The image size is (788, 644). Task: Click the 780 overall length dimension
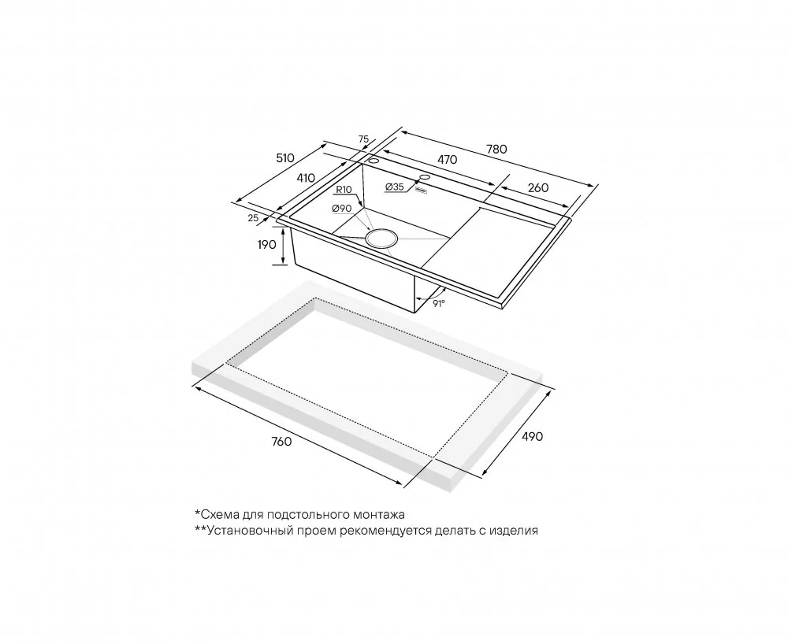pos(496,149)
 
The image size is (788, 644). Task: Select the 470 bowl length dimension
pos(447,160)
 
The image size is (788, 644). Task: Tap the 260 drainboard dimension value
pos(538,187)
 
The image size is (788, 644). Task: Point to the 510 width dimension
pos(285,158)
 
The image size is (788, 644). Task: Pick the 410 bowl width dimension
pos(306,178)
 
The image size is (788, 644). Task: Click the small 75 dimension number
pos(364,139)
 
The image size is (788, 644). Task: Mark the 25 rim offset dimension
pos(253,217)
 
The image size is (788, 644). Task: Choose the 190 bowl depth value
pos(267,244)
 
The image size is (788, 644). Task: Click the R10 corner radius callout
pos(344,189)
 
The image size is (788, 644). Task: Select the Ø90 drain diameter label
pos(342,208)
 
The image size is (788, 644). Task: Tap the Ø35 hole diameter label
pos(395,187)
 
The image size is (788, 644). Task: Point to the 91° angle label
pos(439,303)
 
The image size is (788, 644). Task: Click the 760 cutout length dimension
pos(281,441)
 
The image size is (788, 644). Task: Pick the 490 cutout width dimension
pos(532,436)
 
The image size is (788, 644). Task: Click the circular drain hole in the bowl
pos(381,238)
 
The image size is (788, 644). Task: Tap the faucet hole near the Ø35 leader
pos(425,177)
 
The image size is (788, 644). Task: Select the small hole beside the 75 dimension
pos(374,161)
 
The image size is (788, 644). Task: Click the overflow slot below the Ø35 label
pos(420,190)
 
